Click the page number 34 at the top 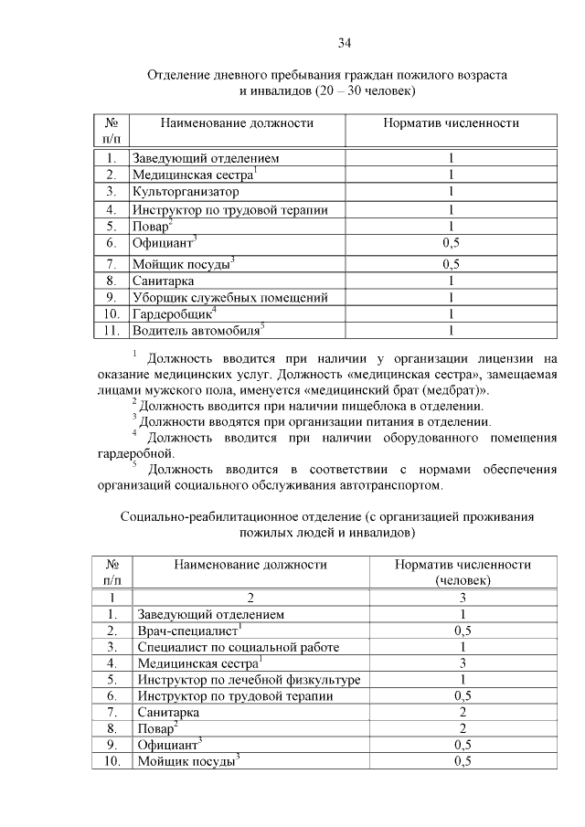click(x=345, y=42)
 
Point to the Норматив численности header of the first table click(x=451, y=122)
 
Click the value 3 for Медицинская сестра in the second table click(x=463, y=663)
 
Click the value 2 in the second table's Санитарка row click(x=463, y=712)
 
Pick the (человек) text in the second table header click(x=463, y=580)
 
